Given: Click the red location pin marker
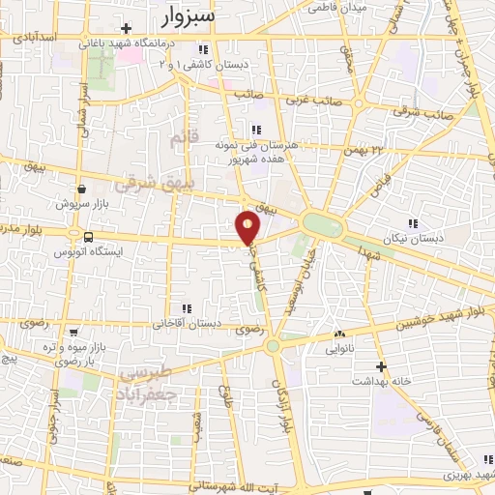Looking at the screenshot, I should click(x=248, y=227).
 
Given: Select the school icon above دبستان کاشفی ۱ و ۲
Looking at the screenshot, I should click(x=201, y=49).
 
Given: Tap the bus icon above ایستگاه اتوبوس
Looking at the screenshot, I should click(x=88, y=237).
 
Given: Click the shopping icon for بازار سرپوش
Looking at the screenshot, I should click(x=81, y=189).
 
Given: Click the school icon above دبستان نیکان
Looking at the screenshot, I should click(x=413, y=223).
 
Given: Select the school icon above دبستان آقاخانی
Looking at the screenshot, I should click(x=186, y=309).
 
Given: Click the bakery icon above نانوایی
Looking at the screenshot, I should click(x=338, y=334).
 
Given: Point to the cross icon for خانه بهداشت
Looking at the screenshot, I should click(x=382, y=366).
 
